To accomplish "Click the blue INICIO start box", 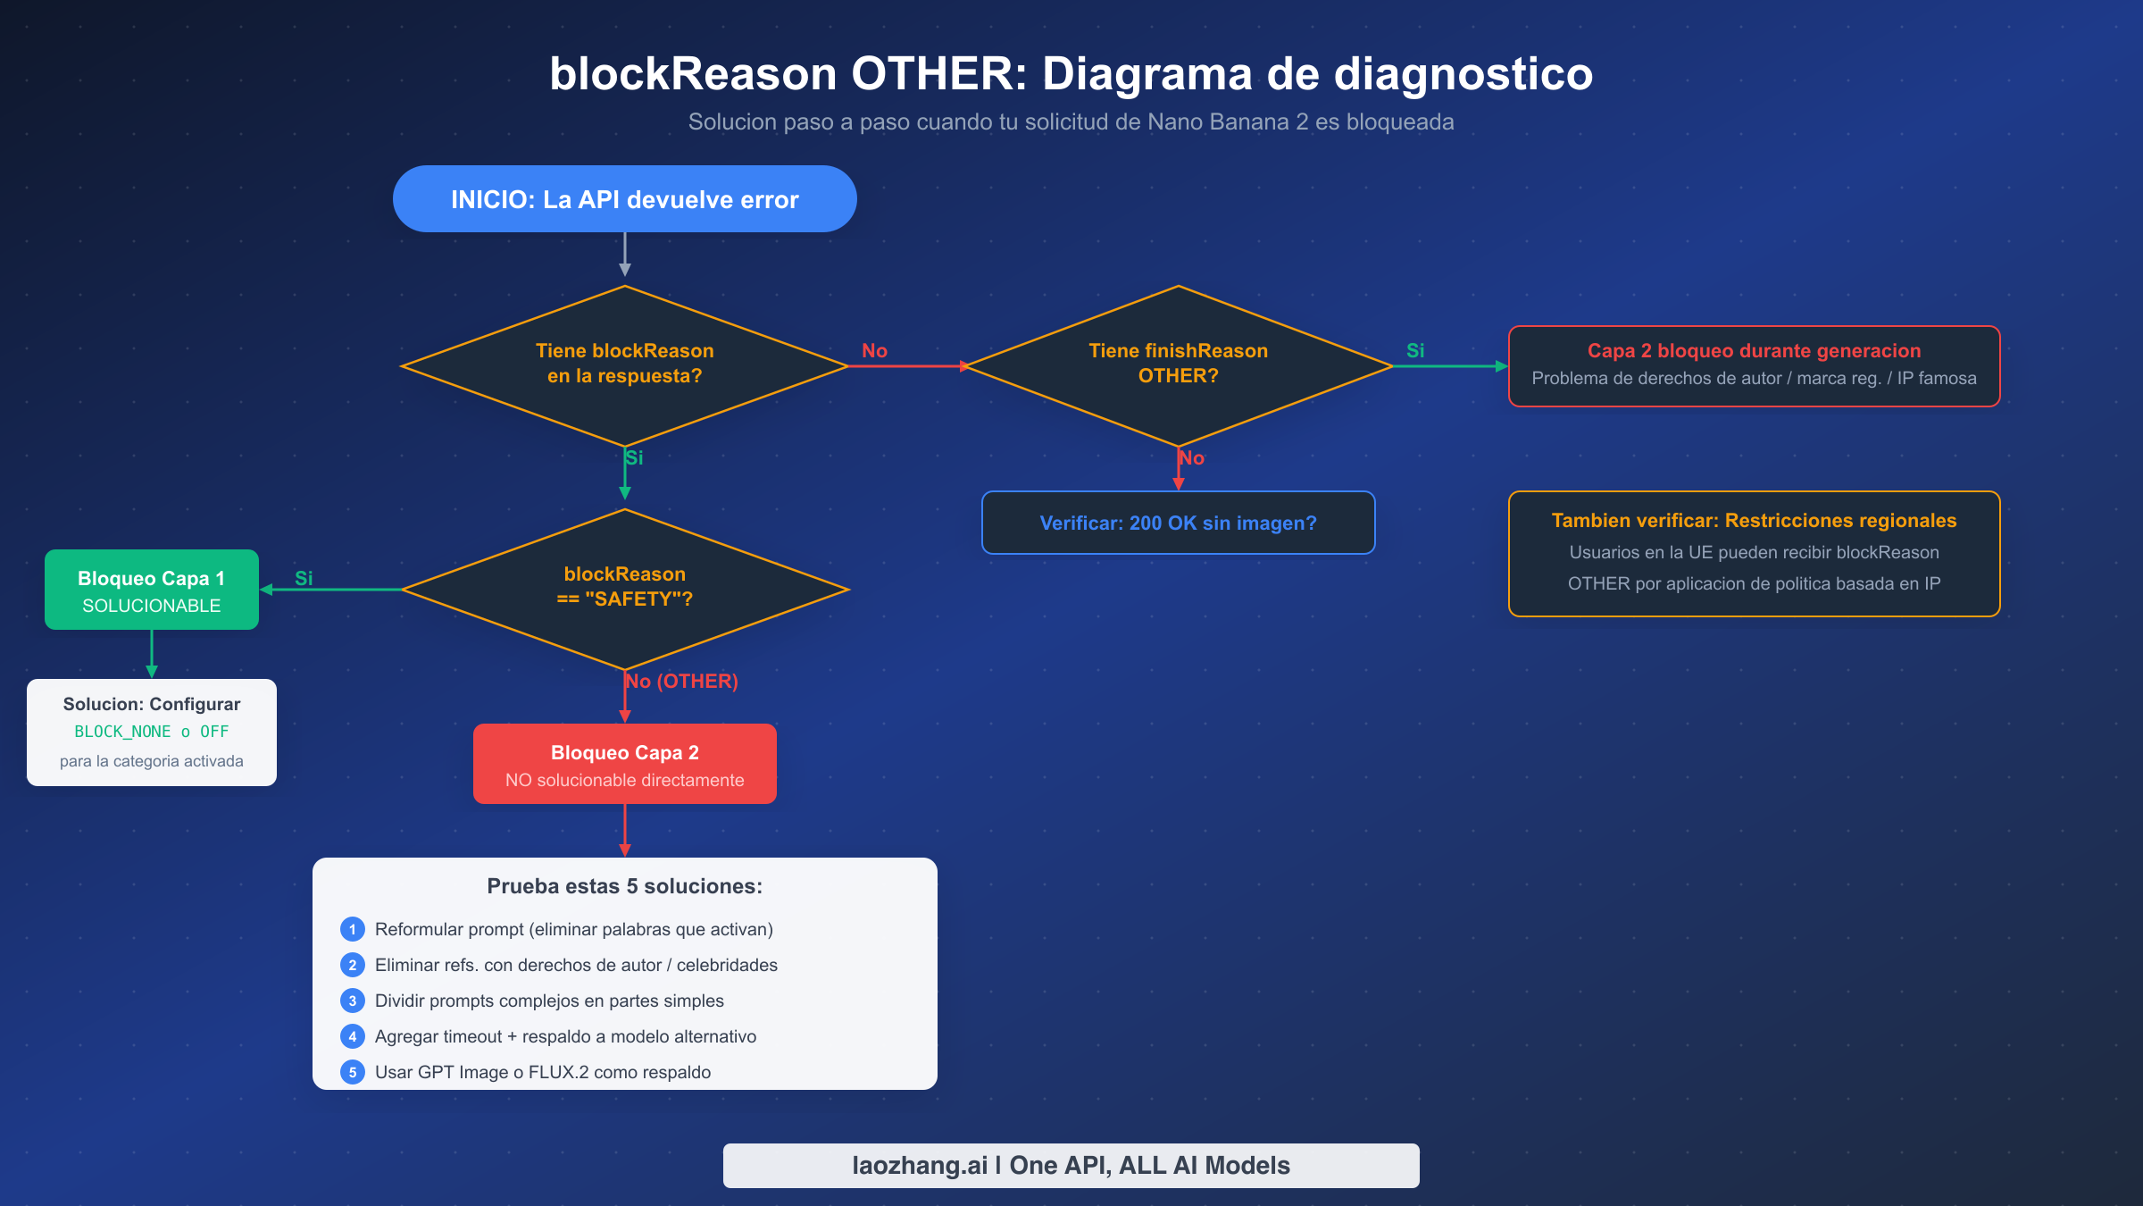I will [624, 199].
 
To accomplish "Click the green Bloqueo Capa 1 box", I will [152, 590].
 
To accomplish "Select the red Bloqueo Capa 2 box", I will [624, 765].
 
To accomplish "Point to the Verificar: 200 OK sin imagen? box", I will [1178, 523].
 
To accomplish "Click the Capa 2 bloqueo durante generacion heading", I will [1754, 351].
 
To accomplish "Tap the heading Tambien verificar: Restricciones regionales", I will [1754, 521].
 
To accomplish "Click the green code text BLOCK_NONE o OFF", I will [152, 732].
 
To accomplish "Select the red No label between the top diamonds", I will [874, 351].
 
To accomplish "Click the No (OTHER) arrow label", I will [681, 682].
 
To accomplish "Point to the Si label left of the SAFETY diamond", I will [304, 578].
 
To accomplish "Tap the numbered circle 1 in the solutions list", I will [353, 929].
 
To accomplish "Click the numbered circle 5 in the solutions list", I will [353, 1072].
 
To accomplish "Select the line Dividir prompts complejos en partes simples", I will [549, 1001].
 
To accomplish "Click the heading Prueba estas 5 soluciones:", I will [624, 886].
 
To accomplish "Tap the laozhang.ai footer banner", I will [1071, 1165].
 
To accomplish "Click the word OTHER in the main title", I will [938, 74].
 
